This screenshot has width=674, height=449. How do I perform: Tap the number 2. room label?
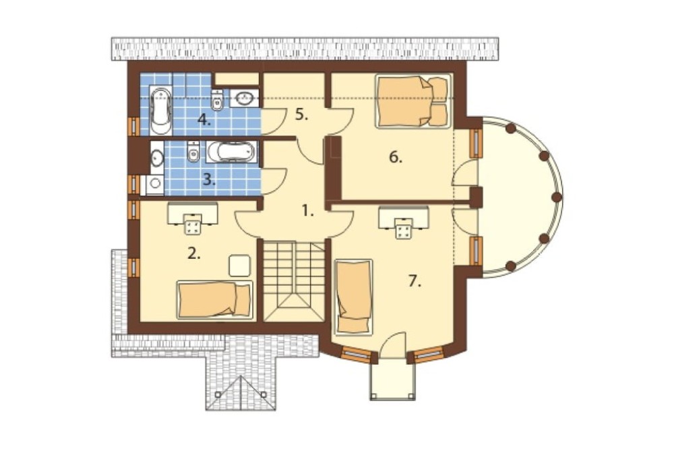[194, 253]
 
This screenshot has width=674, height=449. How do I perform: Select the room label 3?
[210, 180]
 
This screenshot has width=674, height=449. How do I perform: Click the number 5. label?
[302, 115]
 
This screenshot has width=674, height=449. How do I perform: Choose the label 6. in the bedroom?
[396, 157]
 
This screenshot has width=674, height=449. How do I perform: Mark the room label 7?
[415, 281]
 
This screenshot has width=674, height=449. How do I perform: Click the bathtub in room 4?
[160, 111]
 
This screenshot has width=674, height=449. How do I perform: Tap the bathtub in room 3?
[232, 152]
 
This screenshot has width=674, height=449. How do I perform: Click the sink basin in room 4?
[245, 98]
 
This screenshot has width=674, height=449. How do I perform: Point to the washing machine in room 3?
[154, 185]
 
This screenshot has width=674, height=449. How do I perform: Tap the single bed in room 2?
[215, 300]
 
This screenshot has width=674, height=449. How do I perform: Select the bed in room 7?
[353, 297]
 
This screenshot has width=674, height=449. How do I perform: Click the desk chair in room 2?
[193, 224]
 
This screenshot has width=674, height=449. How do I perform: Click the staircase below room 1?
[294, 281]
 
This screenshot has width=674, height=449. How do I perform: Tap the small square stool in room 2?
[239, 266]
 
